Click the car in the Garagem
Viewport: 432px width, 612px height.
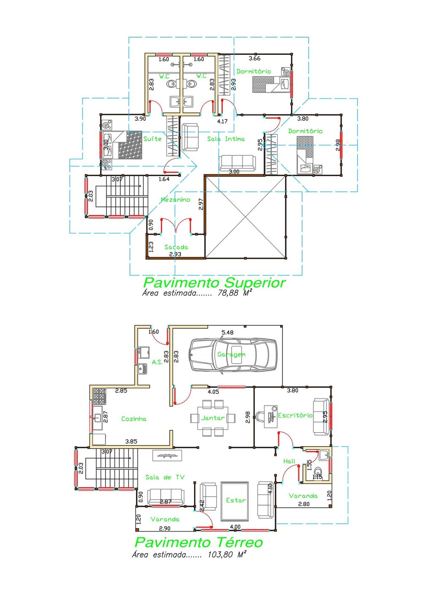coord(232,355)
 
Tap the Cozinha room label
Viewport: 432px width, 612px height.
coord(134,419)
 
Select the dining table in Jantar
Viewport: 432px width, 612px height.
coord(213,418)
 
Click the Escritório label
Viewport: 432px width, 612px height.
coord(295,415)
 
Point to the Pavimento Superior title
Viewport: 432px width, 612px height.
coord(214,282)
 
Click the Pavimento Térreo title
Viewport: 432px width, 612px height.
coord(199,542)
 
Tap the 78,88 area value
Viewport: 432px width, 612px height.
coord(228,293)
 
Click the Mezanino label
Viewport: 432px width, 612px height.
coord(175,200)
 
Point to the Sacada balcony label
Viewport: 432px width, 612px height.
coord(176,247)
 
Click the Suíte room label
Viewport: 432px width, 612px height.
coord(152,139)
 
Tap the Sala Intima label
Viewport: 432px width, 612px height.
coord(226,139)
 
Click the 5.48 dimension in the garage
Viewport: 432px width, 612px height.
coord(227,333)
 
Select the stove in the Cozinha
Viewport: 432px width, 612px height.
coord(99,396)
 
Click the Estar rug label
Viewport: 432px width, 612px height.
coord(235,500)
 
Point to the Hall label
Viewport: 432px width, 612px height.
coord(289,461)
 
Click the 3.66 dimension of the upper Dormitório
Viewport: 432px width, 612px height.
coord(254,59)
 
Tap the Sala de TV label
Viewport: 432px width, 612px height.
coord(165,477)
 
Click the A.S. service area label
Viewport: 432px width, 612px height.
coord(157,362)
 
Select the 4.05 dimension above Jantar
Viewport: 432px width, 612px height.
coord(213,392)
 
